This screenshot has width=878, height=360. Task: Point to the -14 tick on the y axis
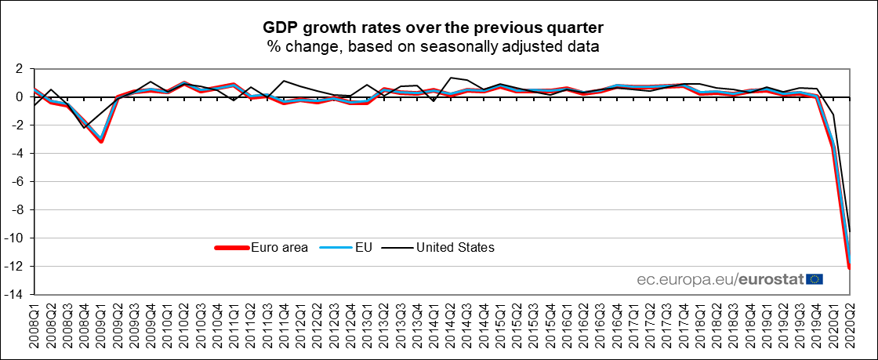(x=13, y=295)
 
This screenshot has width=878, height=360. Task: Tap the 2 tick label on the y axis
(x=16, y=70)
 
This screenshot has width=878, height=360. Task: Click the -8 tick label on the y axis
(x=15, y=210)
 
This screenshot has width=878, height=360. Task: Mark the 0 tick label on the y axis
(x=16, y=98)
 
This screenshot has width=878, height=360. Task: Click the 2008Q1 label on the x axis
(x=34, y=328)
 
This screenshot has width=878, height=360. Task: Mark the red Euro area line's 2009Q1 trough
(x=101, y=142)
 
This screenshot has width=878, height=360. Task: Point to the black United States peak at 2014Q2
(x=452, y=78)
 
